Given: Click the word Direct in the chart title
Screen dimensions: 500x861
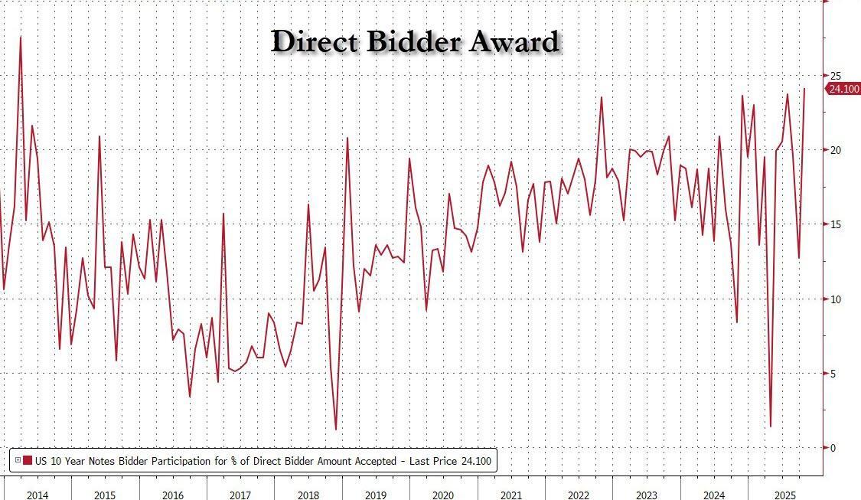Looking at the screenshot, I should [x=315, y=41].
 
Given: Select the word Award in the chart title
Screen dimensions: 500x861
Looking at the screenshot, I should [x=514, y=41].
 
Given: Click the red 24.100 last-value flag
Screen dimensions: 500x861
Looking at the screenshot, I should [x=843, y=89].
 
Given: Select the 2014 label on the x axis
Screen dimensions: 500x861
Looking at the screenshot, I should [x=38, y=494].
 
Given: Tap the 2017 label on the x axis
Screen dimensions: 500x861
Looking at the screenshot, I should [x=240, y=494].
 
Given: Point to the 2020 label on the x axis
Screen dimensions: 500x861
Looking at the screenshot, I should [x=443, y=494].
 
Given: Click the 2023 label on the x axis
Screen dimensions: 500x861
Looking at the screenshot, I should [x=646, y=494].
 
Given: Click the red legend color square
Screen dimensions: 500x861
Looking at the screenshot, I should [x=28, y=461].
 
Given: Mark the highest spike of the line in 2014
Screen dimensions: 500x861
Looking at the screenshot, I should [x=20, y=37].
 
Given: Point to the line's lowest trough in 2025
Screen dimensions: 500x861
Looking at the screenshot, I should [x=770, y=426].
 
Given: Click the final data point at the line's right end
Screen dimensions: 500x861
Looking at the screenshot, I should [x=804, y=89].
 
